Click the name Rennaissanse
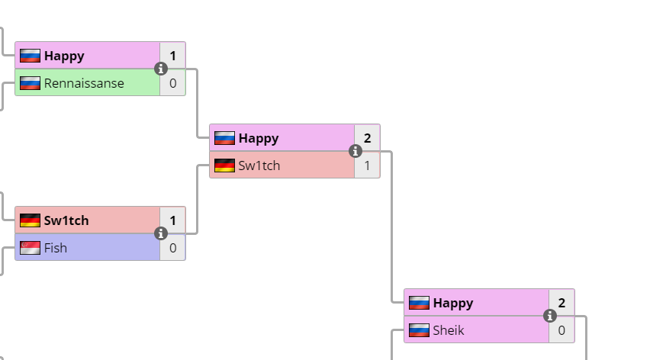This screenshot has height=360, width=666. tap(84, 83)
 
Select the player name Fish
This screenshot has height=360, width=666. tap(56, 248)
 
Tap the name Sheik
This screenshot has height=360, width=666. tap(449, 330)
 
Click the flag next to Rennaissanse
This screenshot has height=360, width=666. tap(30, 83)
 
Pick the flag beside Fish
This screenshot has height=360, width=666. tap(30, 248)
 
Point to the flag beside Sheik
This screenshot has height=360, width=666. tap(419, 330)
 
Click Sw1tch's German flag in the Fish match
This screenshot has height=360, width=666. tap(30, 220)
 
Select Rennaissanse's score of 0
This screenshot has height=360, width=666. tap(173, 83)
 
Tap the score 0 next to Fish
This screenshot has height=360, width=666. tap(173, 248)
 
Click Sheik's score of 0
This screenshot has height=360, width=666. tap(562, 330)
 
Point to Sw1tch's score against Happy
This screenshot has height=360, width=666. tap(367, 166)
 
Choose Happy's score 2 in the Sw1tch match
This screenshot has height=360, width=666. tap(367, 138)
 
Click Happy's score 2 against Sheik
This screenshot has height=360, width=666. tap(562, 303)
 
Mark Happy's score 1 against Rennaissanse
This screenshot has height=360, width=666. tap(173, 56)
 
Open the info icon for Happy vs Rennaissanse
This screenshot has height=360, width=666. tap(161, 69)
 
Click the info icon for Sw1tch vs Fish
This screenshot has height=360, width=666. tap(161, 233)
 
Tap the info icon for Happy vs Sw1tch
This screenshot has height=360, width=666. tap(356, 152)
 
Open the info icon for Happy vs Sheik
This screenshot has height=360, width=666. tap(550, 316)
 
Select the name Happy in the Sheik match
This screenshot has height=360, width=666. tap(453, 303)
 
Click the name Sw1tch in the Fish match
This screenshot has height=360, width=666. tap(66, 220)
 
